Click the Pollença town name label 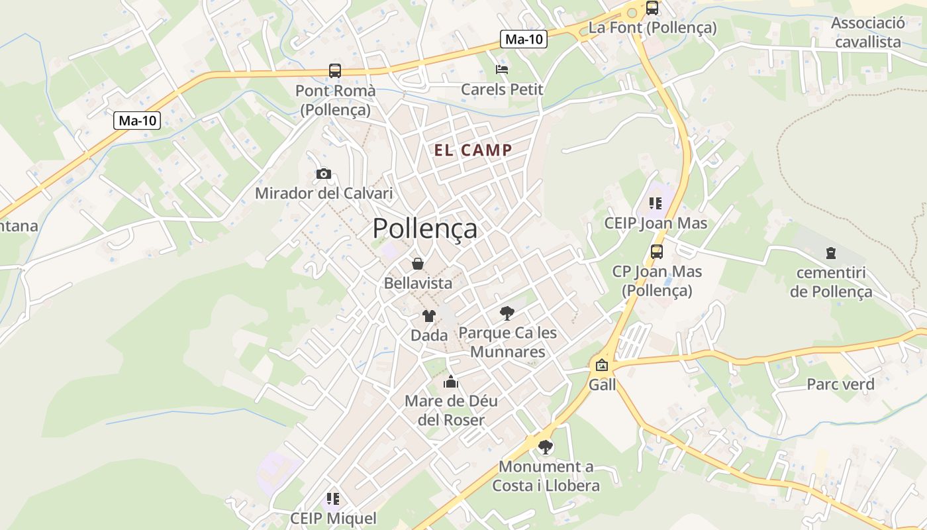pos(424,229)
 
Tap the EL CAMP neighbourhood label pos(473,150)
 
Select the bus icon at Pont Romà pos(335,71)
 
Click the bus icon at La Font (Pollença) pos(652,8)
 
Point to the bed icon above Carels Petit pos(502,69)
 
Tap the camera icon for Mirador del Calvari pos(324,174)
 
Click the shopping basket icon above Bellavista pos(418,264)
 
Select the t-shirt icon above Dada pos(429,316)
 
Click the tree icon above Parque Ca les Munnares pos(507,313)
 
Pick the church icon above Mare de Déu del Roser pos(451,382)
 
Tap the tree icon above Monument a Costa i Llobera pos(546,447)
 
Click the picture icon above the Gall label pos(602,365)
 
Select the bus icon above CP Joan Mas pos(657,252)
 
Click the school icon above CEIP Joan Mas pos(656,203)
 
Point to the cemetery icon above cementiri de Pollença pos(831,252)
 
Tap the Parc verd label pos(840,384)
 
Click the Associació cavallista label pos(868,32)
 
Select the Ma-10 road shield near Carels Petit pos(524,39)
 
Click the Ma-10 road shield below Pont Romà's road pos(138,121)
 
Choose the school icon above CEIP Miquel pos(333,498)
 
